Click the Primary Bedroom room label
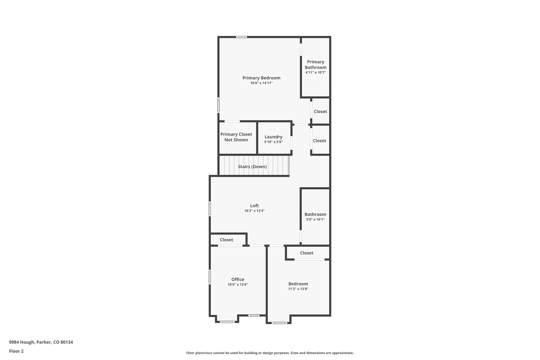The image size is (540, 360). pyautogui.click(x=261, y=78)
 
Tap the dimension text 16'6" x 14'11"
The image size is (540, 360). pyautogui.click(x=261, y=83)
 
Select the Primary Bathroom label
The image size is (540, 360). pyautogui.click(x=316, y=65)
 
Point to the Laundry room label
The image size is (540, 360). pyautogui.click(x=273, y=137)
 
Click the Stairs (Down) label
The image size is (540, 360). pyautogui.click(x=252, y=167)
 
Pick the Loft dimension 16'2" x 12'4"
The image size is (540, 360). pyautogui.click(x=254, y=211)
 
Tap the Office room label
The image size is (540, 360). pyautogui.click(x=238, y=280)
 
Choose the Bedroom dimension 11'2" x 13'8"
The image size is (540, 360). pyautogui.click(x=298, y=289)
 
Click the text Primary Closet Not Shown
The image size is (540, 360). pyautogui.click(x=236, y=137)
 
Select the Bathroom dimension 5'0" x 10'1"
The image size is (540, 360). pyautogui.click(x=315, y=219)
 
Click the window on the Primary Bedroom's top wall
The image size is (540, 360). pyautogui.click(x=241, y=37)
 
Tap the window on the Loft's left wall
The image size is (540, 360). pyautogui.click(x=210, y=209)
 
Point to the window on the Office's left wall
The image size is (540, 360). pyautogui.click(x=210, y=277)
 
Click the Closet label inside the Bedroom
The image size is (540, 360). pyautogui.click(x=307, y=253)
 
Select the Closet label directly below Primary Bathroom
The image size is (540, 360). pyautogui.click(x=320, y=112)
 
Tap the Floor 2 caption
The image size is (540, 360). pyautogui.click(x=16, y=351)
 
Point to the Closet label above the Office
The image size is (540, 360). pyautogui.click(x=226, y=240)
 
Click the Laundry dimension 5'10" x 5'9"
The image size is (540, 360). pyautogui.click(x=273, y=142)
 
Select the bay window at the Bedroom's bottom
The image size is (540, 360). pyautogui.click(x=279, y=323)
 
